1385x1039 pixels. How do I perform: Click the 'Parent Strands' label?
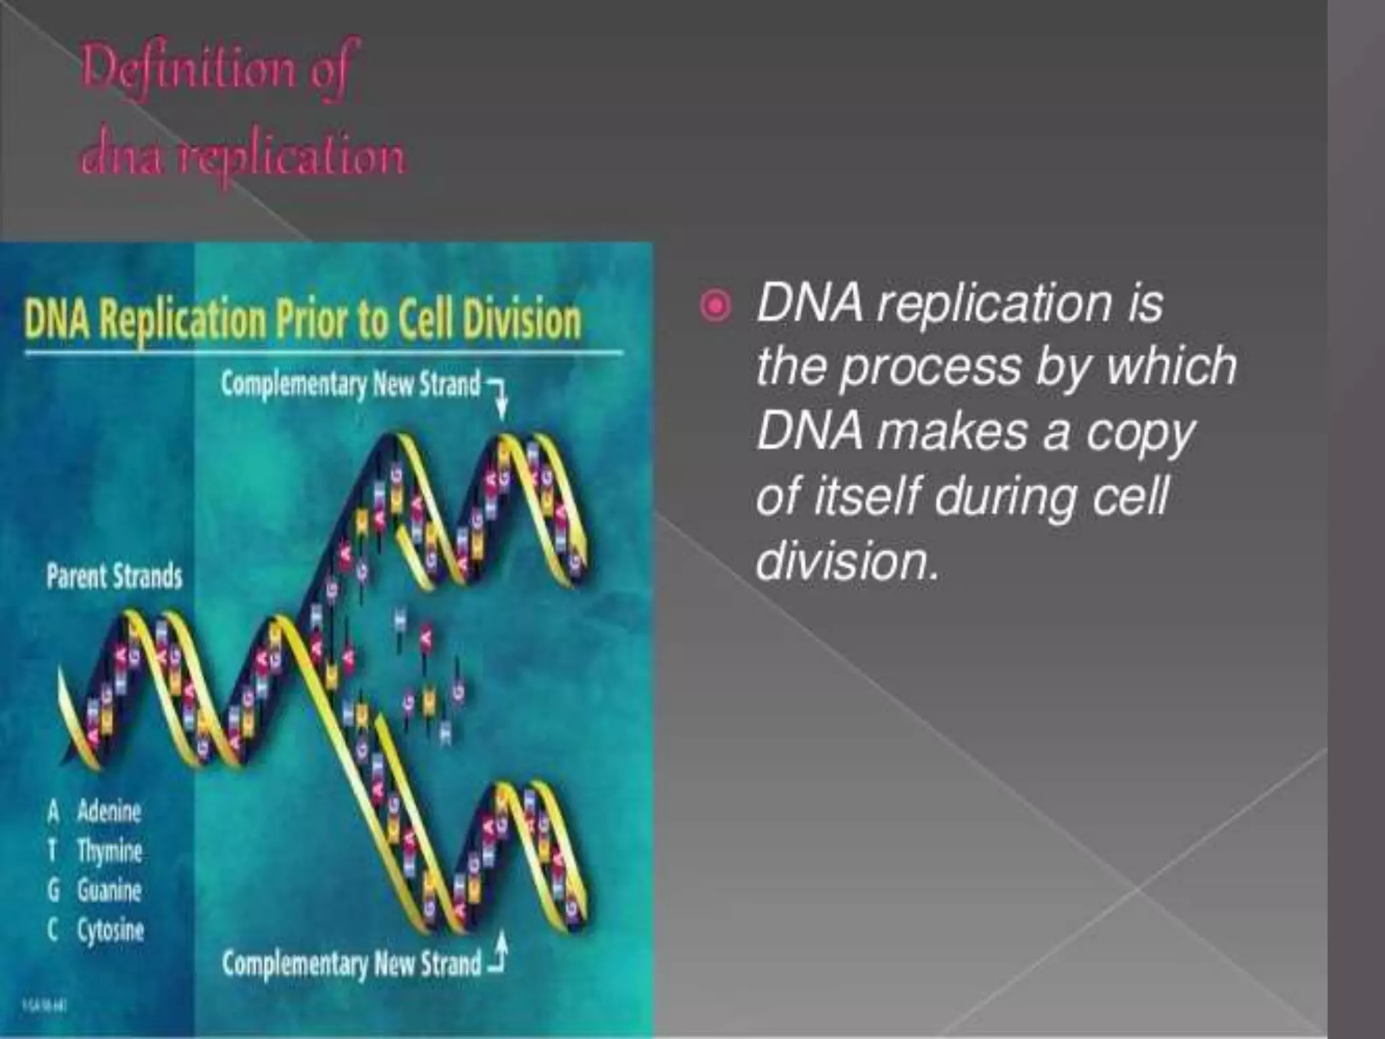[x=114, y=577]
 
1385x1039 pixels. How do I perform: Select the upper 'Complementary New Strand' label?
[x=350, y=384]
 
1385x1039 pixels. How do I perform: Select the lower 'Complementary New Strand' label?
[x=352, y=963]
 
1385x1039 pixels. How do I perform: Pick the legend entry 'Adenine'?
[x=109, y=810]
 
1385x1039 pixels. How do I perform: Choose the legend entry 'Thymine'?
[x=110, y=850]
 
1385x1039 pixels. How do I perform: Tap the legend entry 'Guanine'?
[x=109, y=890]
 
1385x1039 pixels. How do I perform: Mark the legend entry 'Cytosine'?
[x=110, y=931]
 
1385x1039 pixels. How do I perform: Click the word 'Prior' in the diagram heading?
[x=312, y=321]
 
